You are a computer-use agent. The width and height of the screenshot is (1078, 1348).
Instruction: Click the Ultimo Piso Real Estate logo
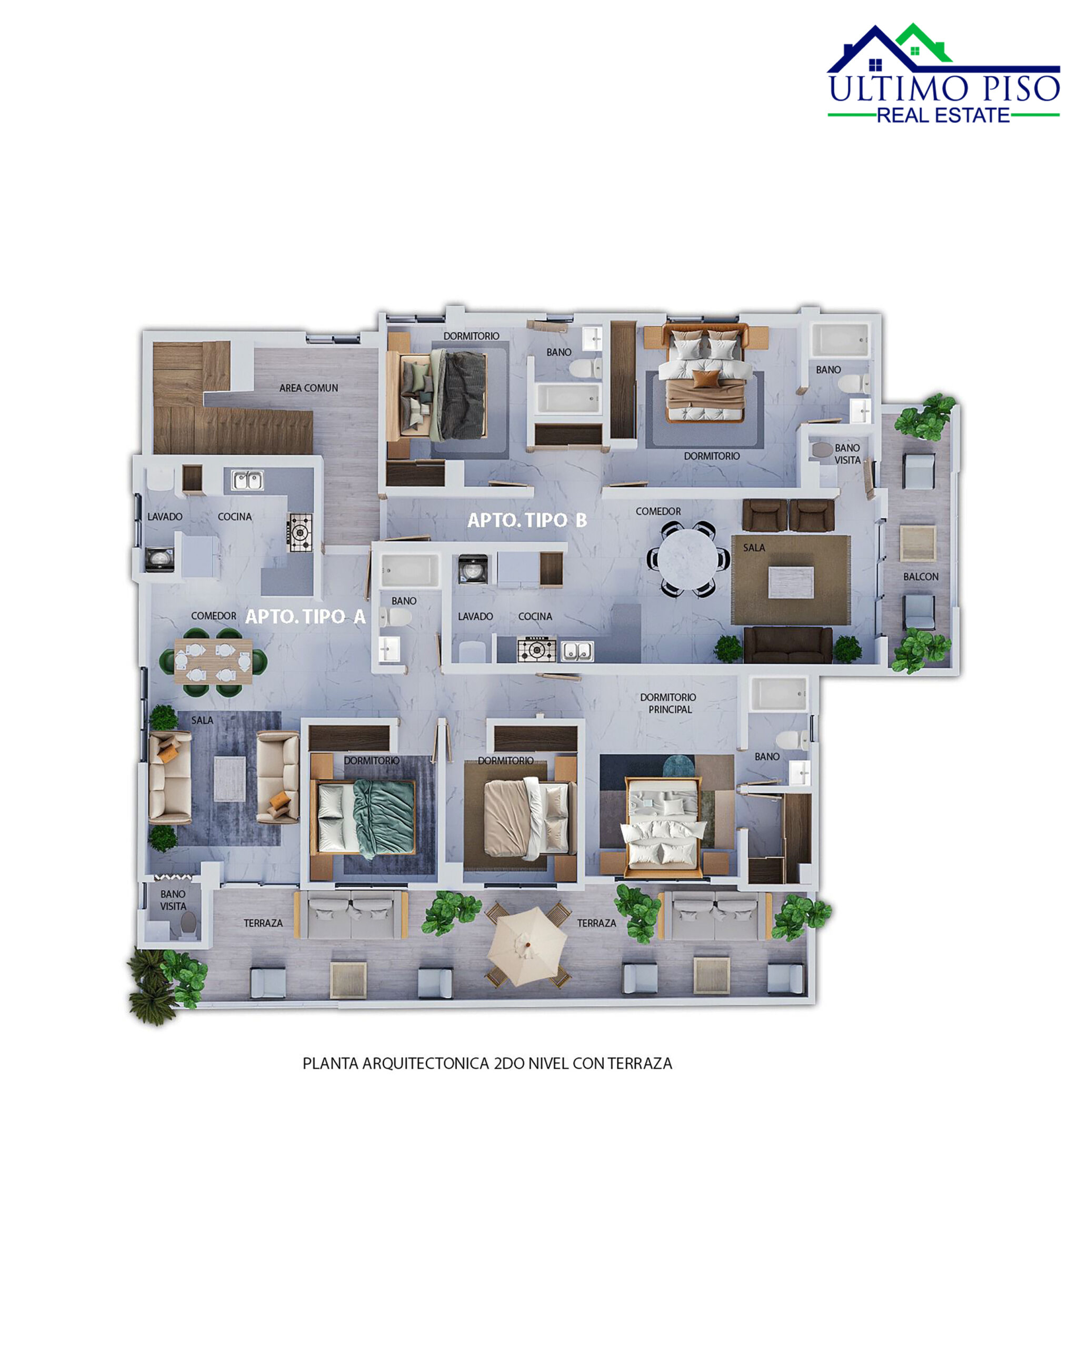[943, 74]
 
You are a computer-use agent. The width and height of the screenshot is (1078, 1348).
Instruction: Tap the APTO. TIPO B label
[527, 520]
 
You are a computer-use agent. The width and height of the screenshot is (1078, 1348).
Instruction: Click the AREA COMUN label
[308, 388]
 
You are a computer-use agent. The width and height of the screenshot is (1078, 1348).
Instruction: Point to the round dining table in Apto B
[688, 558]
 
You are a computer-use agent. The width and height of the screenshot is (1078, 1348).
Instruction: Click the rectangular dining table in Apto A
[213, 661]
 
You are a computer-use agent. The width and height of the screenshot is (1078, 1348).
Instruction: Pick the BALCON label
[921, 577]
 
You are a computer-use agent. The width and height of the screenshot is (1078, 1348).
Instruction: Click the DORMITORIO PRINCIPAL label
[667, 703]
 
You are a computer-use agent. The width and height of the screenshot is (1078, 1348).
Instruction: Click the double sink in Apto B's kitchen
[577, 651]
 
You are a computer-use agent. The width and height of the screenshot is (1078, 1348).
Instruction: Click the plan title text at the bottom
[487, 1064]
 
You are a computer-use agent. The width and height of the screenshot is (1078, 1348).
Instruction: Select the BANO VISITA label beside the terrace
[173, 900]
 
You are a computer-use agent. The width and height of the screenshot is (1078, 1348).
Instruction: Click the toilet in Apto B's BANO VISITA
[822, 450]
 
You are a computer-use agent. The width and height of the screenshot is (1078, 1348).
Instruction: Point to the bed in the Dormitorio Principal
[662, 824]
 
